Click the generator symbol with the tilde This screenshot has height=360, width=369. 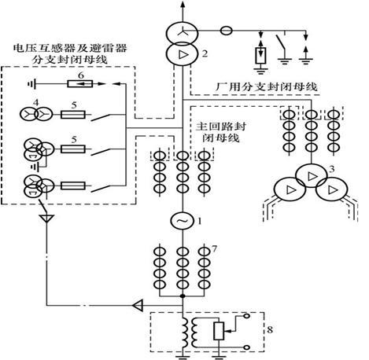[183, 222]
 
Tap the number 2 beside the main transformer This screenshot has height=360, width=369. [204, 54]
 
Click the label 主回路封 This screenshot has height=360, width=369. [216, 127]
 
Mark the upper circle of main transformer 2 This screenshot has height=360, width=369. [183, 35]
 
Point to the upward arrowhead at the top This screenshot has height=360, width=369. [183, 6]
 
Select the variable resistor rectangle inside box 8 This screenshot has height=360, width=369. [217, 329]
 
